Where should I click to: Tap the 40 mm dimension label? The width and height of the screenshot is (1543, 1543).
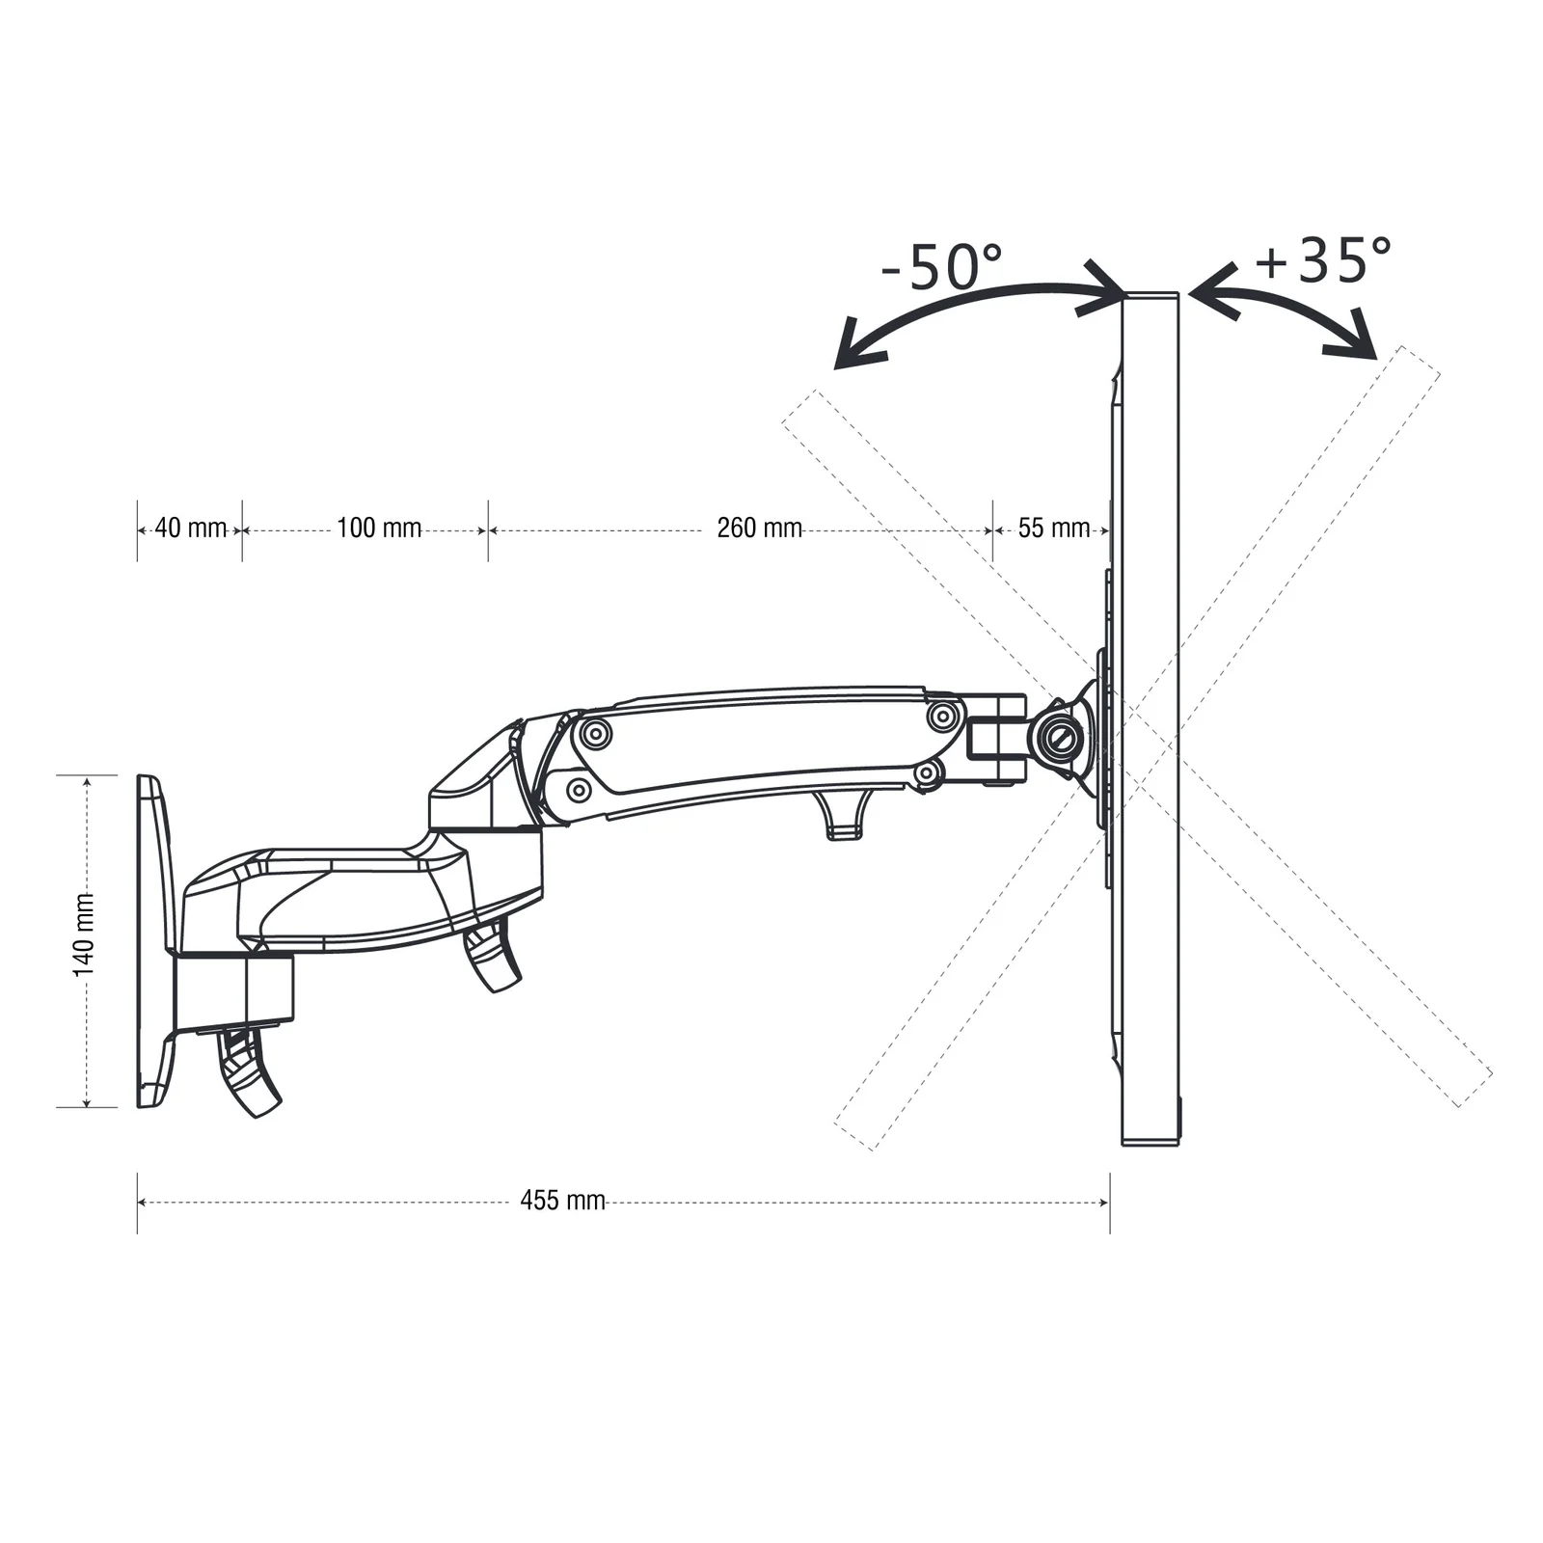(191, 528)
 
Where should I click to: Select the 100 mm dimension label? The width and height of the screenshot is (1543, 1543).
(379, 528)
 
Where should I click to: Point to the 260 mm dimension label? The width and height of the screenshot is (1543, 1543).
(760, 528)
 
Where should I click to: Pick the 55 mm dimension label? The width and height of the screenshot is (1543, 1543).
(1054, 528)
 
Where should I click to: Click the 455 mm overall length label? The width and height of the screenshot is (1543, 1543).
(563, 1201)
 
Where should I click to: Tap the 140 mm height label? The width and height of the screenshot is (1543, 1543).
(85, 934)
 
